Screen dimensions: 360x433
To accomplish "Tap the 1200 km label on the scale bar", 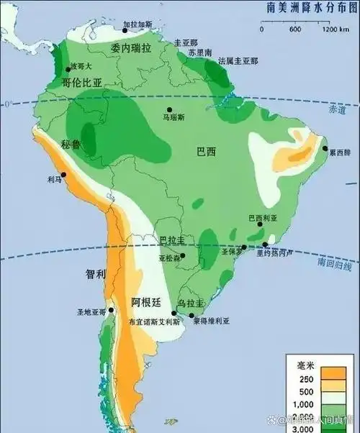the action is pyautogui.click(x=330, y=29).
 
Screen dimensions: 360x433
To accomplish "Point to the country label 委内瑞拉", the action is pyautogui.click(x=131, y=47).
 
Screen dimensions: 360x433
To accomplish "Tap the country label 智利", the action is pyautogui.click(x=95, y=273).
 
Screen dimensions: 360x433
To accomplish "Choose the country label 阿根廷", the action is pyautogui.click(x=145, y=301).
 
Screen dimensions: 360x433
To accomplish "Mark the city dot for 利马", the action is pyautogui.click(x=63, y=174).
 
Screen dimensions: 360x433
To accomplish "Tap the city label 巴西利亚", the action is pyautogui.click(x=262, y=216).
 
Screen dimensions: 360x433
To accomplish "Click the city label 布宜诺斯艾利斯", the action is pyautogui.click(x=154, y=322).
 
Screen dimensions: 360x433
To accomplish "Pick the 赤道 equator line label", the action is pyautogui.click(x=337, y=110).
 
